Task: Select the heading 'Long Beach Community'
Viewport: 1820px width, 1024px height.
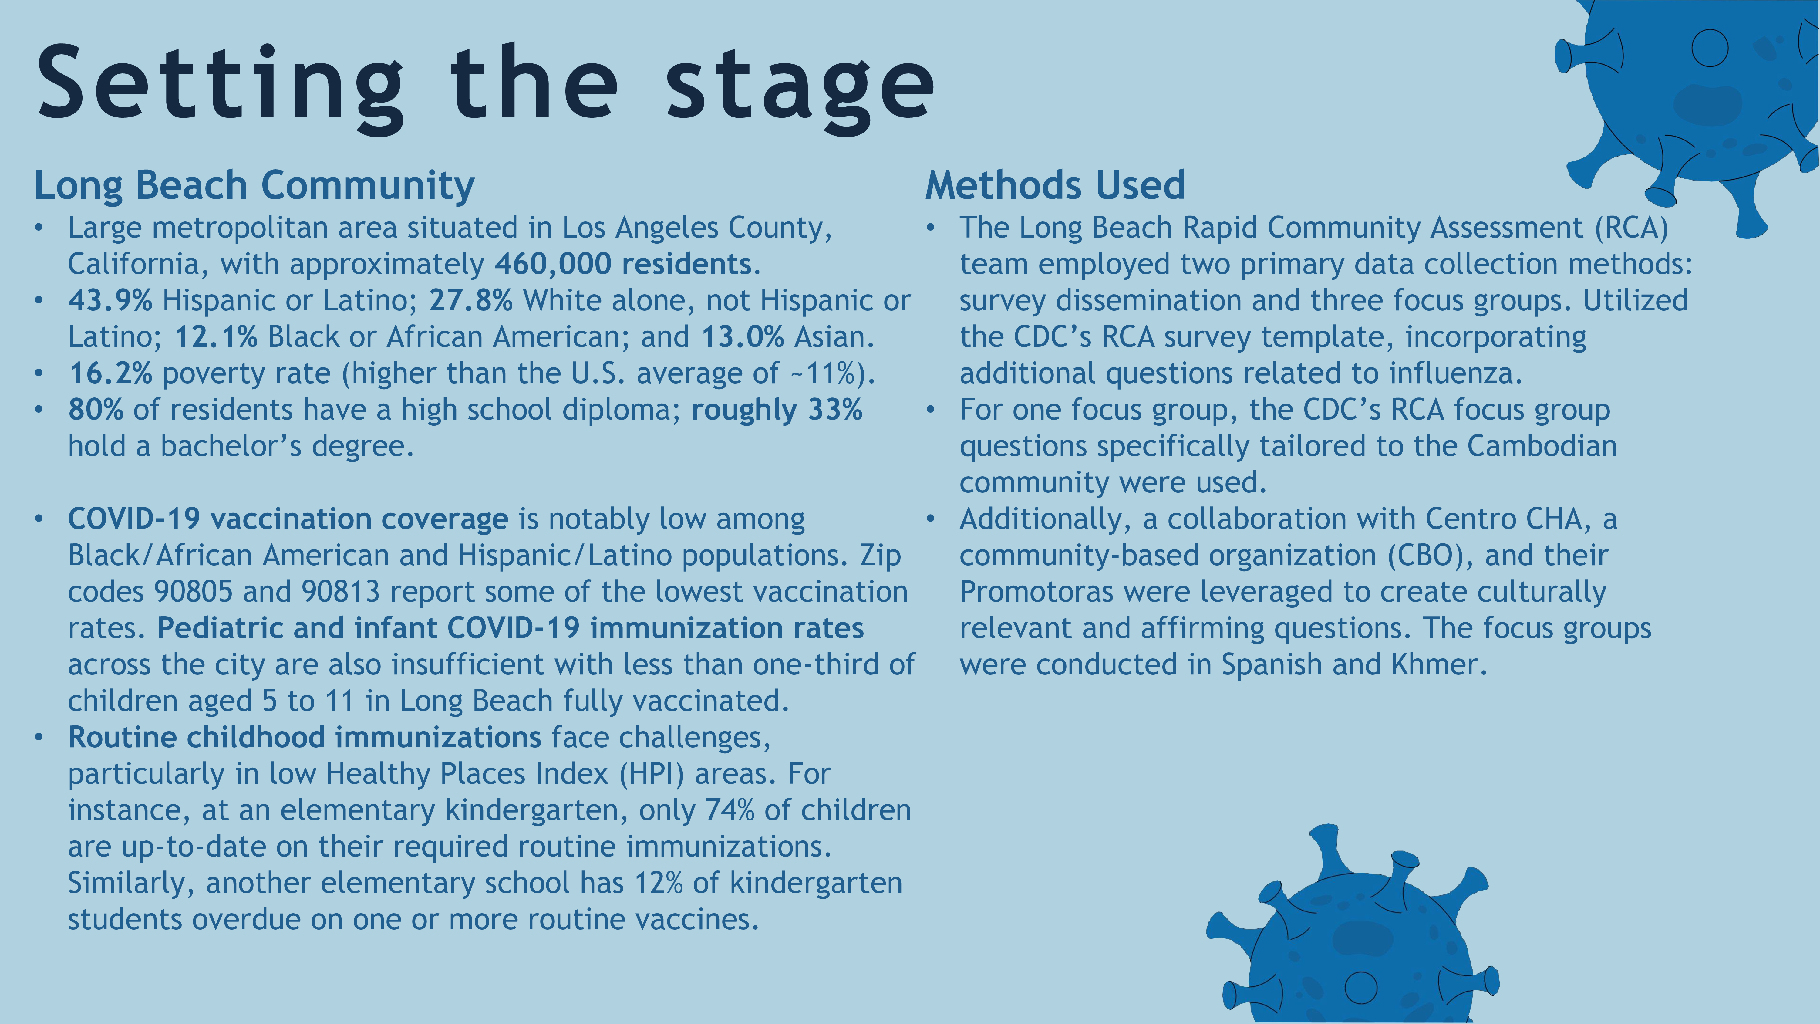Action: pyautogui.click(x=254, y=186)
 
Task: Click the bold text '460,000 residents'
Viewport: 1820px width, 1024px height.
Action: pyautogui.click(x=622, y=264)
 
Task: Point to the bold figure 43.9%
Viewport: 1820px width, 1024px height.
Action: pyautogui.click(x=110, y=300)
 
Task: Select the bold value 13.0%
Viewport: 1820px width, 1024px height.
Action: pyautogui.click(x=743, y=337)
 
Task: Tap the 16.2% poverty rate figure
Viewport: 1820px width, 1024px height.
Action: pyautogui.click(x=110, y=373)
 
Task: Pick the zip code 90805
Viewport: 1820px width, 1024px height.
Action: pyautogui.click(x=193, y=592)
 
